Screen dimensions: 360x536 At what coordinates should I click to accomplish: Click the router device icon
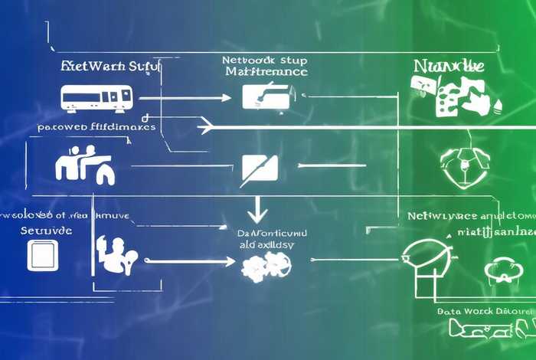pyautogui.click(x=96, y=98)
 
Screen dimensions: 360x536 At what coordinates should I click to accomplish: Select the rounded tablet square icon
pyautogui.click(x=42, y=254)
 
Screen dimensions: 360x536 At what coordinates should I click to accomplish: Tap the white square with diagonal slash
pyautogui.click(x=259, y=167)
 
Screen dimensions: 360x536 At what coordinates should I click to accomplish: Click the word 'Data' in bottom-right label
pyautogui.click(x=448, y=312)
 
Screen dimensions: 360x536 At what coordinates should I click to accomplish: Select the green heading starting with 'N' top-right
pyautogui.click(x=448, y=66)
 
